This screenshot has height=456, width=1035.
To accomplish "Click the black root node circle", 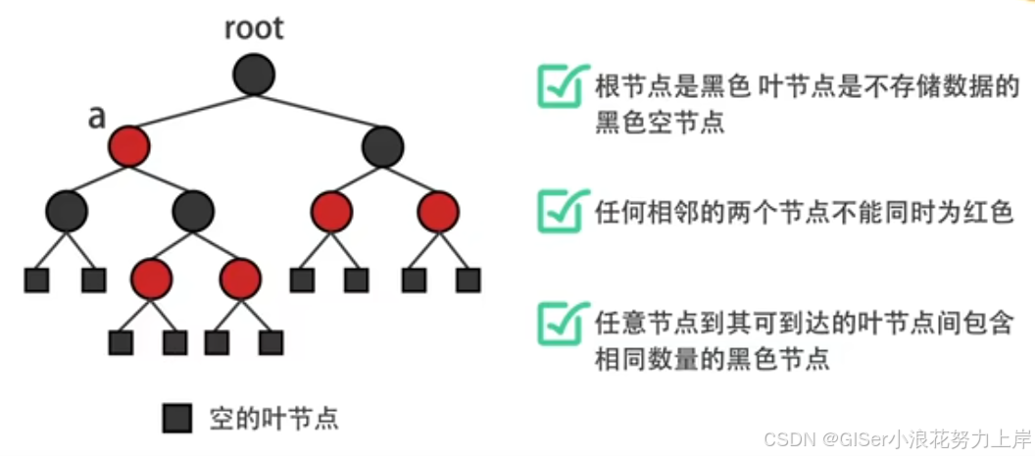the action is (x=254, y=75).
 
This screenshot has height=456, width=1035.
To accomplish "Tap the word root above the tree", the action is (x=254, y=27).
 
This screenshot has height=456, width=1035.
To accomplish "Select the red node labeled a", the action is (x=128, y=146).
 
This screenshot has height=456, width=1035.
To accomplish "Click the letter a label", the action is (x=97, y=117).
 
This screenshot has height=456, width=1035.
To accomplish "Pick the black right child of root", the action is (x=382, y=146).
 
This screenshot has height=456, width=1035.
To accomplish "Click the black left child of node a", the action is (x=66, y=210).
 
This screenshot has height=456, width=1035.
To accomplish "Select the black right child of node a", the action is (x=192, y=210).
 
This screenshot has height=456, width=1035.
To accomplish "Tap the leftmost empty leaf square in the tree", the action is (x=36, y=279).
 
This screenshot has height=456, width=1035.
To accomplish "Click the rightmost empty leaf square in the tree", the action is (x=468, y=279).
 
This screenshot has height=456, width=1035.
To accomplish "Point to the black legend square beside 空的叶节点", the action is (x=176, y=419).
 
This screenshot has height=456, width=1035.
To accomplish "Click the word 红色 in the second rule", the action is (x=989, y=211).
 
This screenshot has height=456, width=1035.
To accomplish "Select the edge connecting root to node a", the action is (x=191, y=111).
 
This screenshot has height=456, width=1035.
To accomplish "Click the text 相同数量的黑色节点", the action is (x=713, y=359).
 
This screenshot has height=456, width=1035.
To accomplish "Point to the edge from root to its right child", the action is (x=319, y=111).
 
